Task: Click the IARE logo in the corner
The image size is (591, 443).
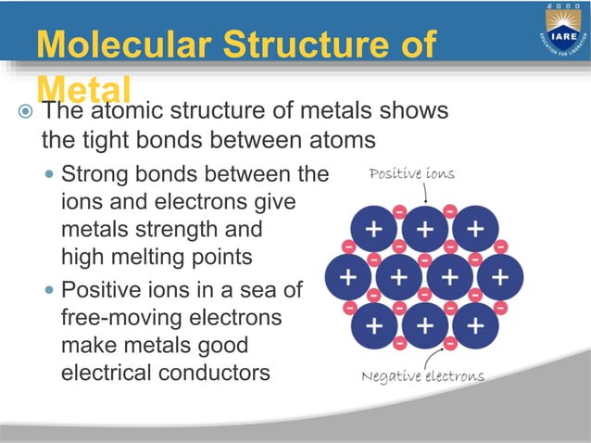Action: pyautogui.click(x=560, y=32)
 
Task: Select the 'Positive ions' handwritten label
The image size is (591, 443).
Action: pyautogui.click(x=411, y=173)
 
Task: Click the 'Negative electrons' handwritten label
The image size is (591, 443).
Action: pyautogui.click(x=422, y=376)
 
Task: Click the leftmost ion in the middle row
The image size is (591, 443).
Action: pyautogui.click(x=349, y=276)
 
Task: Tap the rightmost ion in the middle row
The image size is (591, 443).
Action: pyautogui.click(x=498, y=276)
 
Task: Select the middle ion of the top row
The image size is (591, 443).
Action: pyautogui.click(x=424, y=228)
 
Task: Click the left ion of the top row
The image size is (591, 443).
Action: pyautogui.click(x=374, y=228)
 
